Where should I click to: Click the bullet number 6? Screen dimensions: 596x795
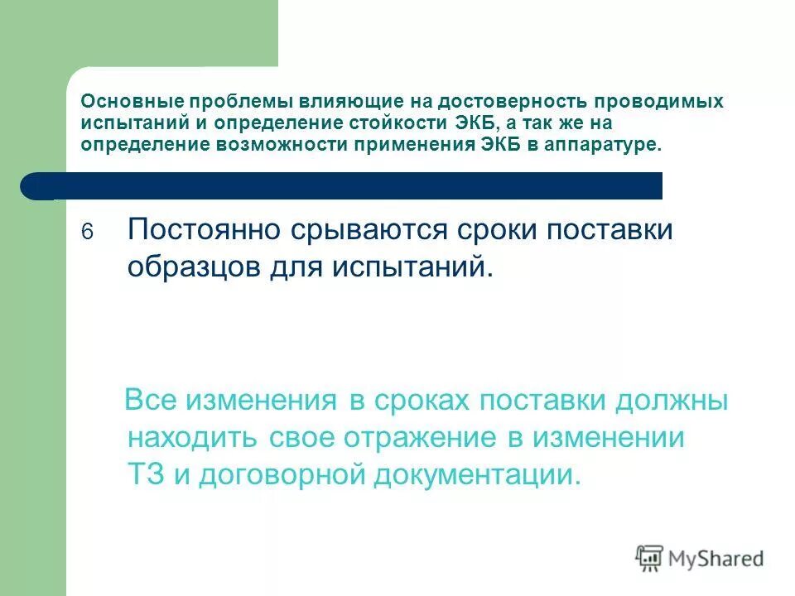(x=89, y=233)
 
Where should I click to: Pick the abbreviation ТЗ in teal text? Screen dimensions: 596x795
(x=147, y=474)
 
